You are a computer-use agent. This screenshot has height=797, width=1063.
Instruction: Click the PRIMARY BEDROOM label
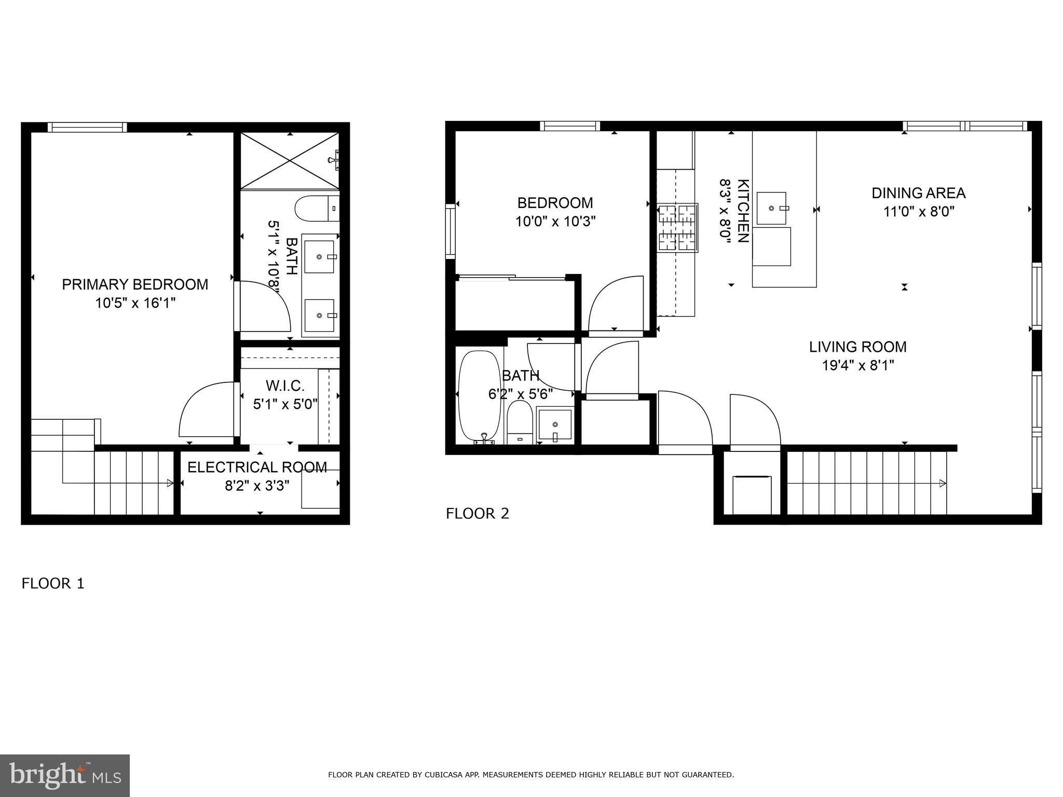135,284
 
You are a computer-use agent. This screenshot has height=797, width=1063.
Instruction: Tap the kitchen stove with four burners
677,228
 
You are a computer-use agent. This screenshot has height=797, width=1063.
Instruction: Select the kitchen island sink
772,208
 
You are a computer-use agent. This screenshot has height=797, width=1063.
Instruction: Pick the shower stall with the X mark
290,160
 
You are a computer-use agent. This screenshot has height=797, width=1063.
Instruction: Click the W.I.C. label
285,386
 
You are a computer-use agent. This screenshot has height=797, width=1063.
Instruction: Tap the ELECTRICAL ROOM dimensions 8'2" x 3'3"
257,486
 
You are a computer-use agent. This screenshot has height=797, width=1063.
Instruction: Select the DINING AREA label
918,193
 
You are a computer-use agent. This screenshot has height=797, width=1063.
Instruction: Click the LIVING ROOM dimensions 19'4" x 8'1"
857,366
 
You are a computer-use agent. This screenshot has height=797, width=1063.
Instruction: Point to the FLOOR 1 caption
52,584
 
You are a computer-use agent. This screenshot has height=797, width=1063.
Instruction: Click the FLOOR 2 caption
478,514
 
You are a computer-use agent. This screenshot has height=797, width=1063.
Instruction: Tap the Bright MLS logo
65,775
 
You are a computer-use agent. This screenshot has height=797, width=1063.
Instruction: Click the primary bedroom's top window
87,127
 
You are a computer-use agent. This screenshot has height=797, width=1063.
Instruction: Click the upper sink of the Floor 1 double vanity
320,256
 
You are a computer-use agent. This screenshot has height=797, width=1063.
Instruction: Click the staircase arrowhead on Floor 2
942,484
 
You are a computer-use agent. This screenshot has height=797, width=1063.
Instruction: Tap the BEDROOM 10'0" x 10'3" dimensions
555,222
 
